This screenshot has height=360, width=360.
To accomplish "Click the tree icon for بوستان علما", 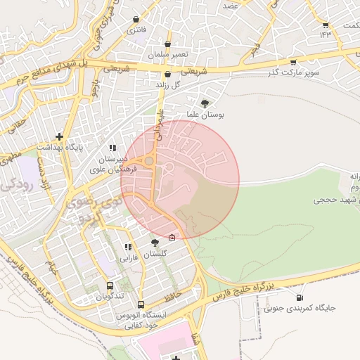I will (205, 103).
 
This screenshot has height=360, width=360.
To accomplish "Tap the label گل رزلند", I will (167, 84).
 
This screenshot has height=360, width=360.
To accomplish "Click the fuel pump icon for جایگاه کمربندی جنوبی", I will (302, 297).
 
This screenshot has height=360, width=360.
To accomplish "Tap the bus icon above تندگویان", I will (110, 285).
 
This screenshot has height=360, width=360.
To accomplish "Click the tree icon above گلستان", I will (155, 243).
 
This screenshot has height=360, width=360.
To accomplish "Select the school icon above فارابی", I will (127, 247).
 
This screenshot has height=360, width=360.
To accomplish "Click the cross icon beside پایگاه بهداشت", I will (60, 136).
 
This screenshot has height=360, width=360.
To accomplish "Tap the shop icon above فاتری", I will (135, 19).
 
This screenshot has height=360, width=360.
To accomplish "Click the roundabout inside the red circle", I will (149, 162).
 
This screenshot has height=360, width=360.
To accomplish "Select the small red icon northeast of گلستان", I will (172, 236).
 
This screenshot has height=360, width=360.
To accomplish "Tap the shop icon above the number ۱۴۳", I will (326, 22).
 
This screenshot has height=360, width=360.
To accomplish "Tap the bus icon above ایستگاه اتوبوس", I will (141, 304).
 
